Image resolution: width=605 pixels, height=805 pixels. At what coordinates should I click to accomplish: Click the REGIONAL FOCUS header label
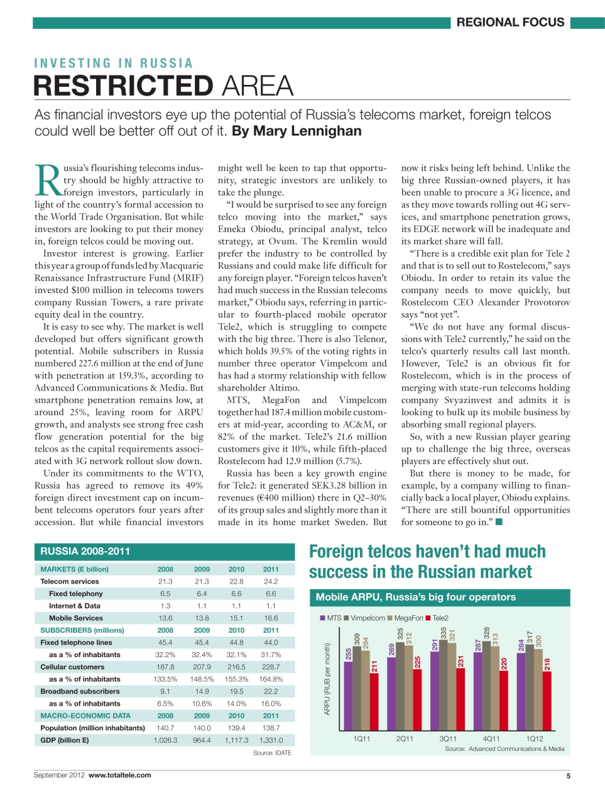(510, 23)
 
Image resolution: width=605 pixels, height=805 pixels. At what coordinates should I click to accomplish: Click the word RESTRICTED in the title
(123, 86)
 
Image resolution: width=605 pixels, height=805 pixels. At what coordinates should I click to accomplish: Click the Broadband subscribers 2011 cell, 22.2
(271, 691)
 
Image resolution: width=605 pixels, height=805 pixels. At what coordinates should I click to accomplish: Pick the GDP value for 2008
(165, 740)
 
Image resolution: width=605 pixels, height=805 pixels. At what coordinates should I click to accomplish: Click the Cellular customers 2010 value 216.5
(236, 667)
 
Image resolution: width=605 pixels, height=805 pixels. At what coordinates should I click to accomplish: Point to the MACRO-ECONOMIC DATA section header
(85, 716)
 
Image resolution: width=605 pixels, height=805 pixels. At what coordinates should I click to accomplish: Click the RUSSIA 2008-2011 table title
(85, 552)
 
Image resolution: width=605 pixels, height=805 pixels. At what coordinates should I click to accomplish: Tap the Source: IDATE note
(272, 753)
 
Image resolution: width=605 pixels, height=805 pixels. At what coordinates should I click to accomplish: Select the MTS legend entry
(330, 618)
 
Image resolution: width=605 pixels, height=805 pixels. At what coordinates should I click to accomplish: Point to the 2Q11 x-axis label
(405, 738)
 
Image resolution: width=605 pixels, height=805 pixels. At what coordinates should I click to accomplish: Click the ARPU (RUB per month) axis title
(327, 679)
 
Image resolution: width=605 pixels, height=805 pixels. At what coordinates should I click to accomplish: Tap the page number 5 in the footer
(568, 775)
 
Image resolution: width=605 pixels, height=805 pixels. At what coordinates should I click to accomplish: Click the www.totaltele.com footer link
(119, 775)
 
